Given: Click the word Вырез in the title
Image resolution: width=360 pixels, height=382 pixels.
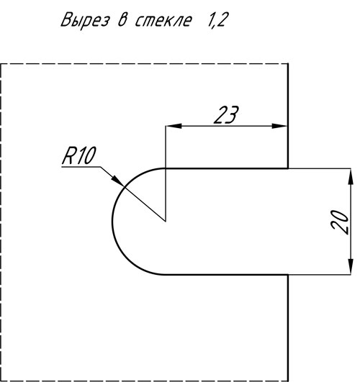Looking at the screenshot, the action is (85, 19).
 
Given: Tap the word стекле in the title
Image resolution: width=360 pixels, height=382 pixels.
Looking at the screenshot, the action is (163, 20).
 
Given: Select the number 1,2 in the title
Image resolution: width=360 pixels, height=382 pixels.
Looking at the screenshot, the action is (217, 20).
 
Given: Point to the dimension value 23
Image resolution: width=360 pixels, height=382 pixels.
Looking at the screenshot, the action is (226, 115).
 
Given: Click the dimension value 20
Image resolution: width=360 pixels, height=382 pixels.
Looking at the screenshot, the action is (340, 222).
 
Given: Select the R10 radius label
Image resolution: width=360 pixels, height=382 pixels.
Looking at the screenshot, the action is (78, 155).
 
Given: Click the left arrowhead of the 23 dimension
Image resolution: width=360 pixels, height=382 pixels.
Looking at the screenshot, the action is (174, 126).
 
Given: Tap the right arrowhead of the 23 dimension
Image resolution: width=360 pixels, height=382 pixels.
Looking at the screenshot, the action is (280, 126).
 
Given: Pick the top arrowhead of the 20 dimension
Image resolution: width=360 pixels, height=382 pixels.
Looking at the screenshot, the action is (351, 177).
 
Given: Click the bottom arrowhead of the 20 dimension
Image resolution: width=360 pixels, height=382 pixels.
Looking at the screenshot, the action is (351, 266).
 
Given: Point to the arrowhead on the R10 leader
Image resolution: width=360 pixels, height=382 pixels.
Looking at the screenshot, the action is (118, 181).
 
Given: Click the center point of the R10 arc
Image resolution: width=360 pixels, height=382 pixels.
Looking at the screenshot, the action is (166, 222).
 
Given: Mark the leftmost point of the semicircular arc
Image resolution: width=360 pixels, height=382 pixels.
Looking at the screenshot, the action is (112, 222).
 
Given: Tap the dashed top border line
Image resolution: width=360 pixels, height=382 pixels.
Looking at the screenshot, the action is (144, 64).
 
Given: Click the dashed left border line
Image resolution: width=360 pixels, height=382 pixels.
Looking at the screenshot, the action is (1, 222).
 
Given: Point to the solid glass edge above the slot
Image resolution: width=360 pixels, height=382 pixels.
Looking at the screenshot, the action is (288, 116).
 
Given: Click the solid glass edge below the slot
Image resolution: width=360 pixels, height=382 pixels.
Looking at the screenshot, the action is (288, 328).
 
